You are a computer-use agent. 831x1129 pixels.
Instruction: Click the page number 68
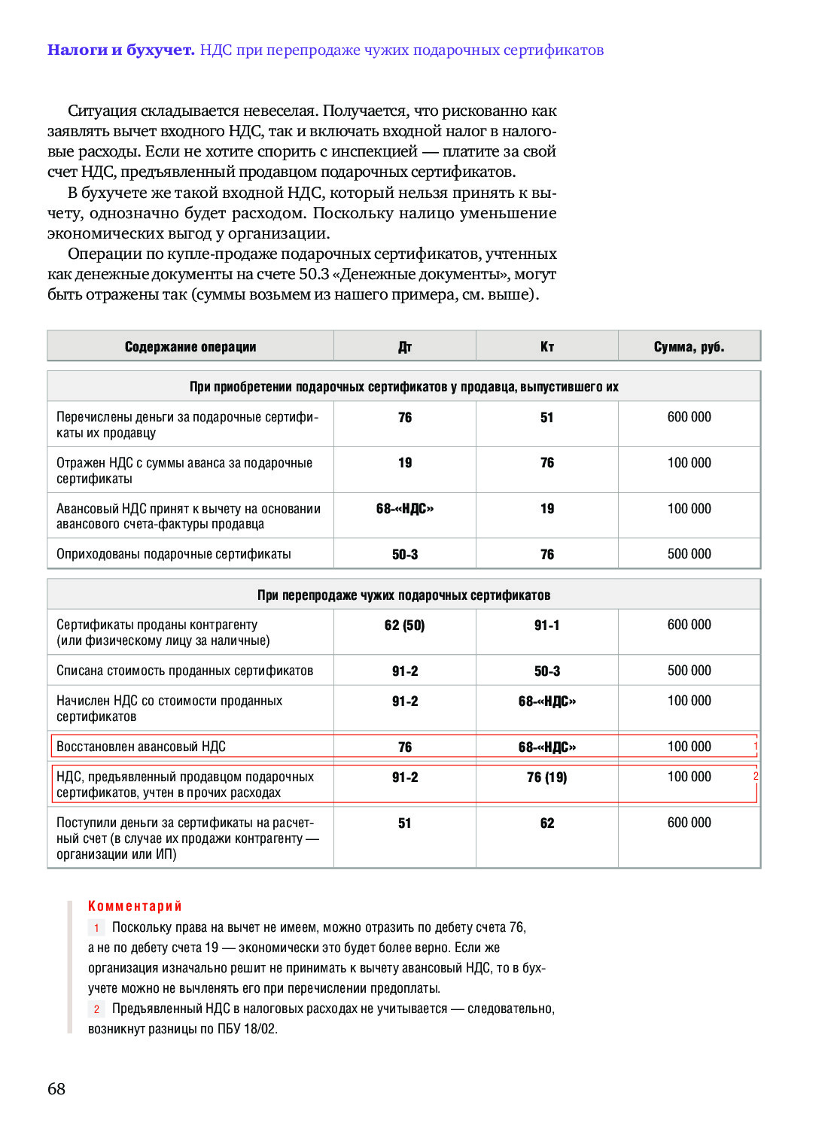tap(56, 1088)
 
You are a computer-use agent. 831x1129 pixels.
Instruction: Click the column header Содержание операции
tap(190, 347)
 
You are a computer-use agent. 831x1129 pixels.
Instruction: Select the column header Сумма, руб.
tap(689, 347)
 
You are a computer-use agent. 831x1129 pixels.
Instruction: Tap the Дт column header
tap(405, 347)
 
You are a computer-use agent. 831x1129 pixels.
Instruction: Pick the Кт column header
tap(547, 347)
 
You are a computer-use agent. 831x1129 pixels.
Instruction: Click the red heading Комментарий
tap(135, 906)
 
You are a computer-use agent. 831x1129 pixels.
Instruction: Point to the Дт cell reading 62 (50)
tap(405, 625)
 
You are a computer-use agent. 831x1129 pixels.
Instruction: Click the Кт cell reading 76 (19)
tap(547, 778)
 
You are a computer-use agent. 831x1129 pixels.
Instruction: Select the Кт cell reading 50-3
tap(547, 671)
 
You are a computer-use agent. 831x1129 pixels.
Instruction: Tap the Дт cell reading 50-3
tap(405, 555)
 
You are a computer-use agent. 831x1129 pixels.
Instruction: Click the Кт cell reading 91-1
tap(547, 625)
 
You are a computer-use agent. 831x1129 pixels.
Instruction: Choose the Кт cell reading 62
tap(547, 823)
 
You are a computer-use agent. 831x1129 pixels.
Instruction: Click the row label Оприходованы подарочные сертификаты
tap(174, 555)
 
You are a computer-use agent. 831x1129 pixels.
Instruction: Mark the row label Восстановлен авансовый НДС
tap(142, 747)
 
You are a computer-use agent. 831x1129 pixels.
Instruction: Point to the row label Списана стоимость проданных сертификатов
tap(185, 671)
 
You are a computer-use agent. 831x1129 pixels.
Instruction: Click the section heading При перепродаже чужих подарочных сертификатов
tap(404, 595)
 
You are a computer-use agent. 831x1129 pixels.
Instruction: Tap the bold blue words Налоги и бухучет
tap(121, 50)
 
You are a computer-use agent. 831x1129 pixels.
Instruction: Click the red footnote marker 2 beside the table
tap(755, 776)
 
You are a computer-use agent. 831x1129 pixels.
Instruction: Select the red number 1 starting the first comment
tap(96, 928)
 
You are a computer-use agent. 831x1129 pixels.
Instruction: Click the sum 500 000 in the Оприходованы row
tap(689, 554)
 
